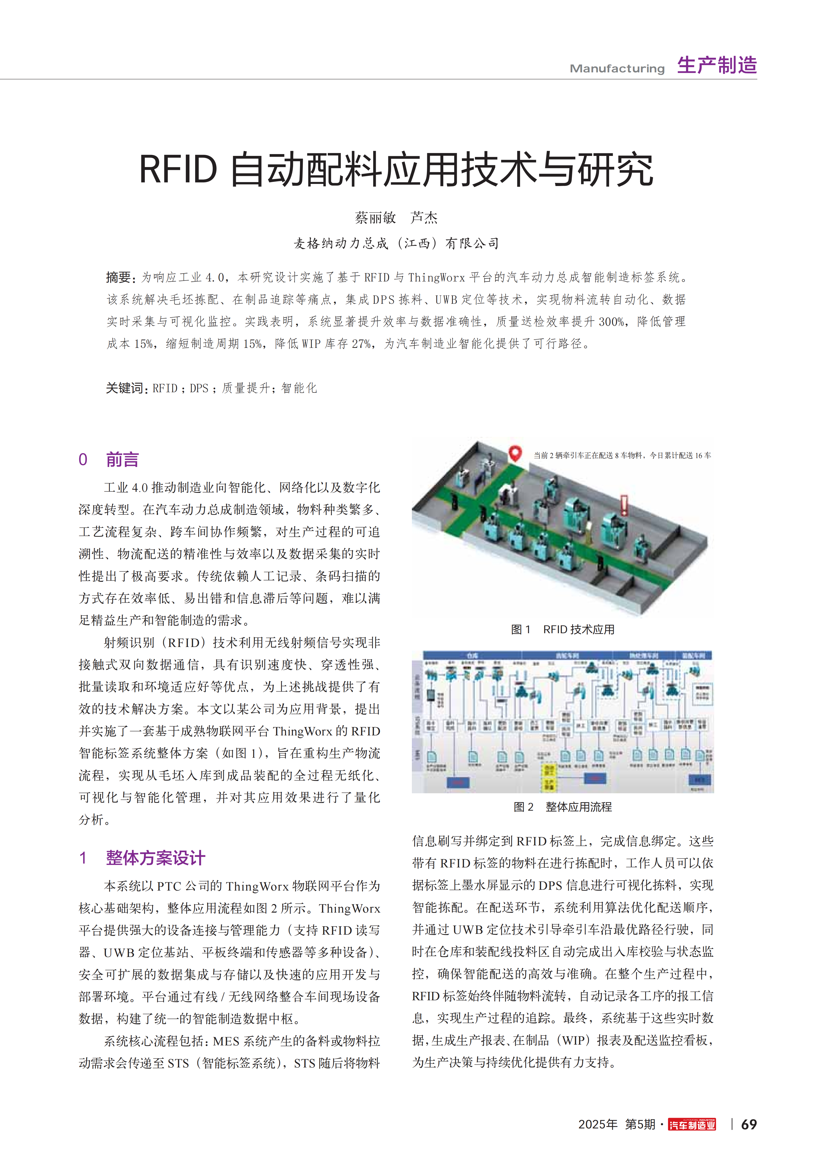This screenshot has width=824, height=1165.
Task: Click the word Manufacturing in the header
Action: click(617, 68)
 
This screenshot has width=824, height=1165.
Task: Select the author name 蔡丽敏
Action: click(375, 218)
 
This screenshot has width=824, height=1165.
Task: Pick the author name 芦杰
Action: click(424, 218)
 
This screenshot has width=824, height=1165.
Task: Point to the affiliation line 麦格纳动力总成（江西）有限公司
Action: click(396, 244)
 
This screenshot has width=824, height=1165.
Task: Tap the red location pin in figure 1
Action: click(515, 453)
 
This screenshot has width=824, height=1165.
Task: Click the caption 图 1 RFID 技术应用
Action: click(563, 630)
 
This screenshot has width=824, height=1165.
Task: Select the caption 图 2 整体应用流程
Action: click(563, 807)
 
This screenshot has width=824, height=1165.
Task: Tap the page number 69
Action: click(749, 1125)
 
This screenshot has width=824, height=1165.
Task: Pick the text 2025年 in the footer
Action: click(598, 1125)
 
